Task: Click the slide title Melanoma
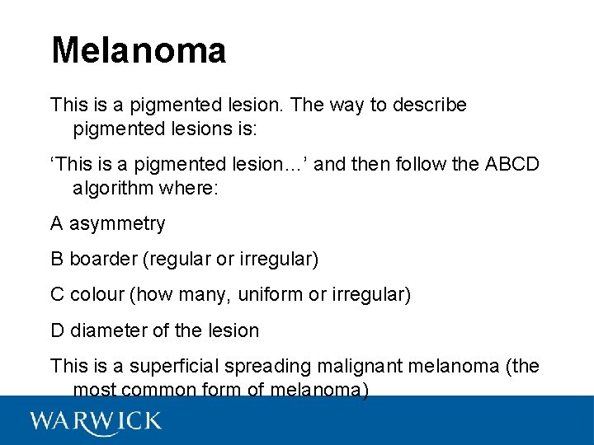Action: coord(138,50)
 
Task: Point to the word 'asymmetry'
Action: coord(117,224)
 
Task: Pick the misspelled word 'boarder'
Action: coord(103,260)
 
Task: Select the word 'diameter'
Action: coord(109,330)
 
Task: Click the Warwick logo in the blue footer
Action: coord(96,422)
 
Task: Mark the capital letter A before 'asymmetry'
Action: coord(57,224)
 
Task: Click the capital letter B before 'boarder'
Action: coord(57,260)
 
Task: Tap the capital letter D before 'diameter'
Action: coord(57,330)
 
